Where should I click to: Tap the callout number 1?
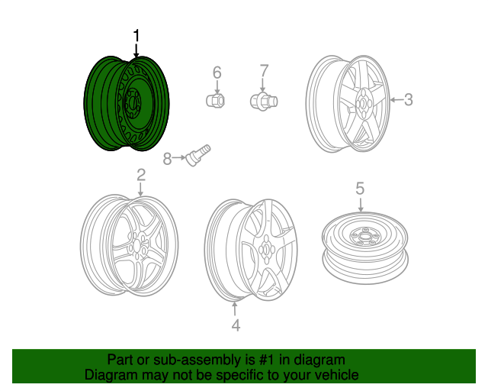136,36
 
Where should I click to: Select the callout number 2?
141,175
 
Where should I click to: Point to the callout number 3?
408,99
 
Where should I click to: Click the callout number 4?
236,325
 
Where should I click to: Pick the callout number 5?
360,188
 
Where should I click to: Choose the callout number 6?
217,73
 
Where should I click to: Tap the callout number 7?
264,73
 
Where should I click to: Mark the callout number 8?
167,158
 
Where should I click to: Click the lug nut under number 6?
216,99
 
